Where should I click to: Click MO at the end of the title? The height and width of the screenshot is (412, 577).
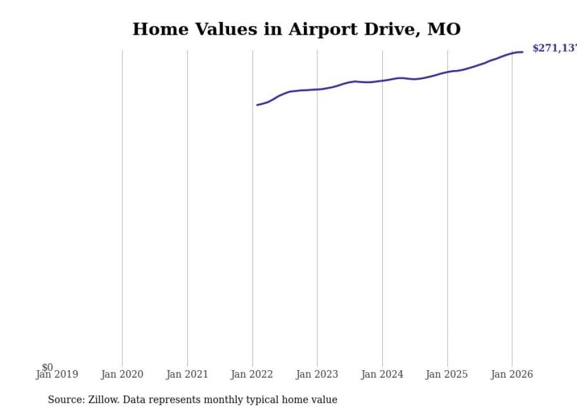(x=444, y=29)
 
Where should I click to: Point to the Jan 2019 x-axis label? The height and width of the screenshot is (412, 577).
(x=57, y=374)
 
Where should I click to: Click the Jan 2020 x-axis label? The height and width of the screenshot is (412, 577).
(x=122, y=374)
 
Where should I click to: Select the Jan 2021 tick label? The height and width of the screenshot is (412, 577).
(x=187, y=374)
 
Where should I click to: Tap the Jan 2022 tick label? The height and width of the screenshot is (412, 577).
(x=252, y=374)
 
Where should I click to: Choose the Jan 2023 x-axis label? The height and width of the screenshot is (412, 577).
(x=317, y=374)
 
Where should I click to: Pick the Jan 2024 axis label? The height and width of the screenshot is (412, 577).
(x=382, y=374)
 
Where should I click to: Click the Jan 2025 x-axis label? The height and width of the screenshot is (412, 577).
(x=447, y=374)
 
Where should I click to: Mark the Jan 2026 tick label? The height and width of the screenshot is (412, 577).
(x=512, y=374)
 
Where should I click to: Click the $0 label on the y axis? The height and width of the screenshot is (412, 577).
(x=47, y=367)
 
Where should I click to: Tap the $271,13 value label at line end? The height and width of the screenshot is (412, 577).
(x=554, y=48)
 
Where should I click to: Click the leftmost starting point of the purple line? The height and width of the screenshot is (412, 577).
(x=257, y=105)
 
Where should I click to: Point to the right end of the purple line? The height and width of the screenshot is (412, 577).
(x=522, y=52)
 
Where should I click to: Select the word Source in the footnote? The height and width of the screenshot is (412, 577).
(x=65, y=400)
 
